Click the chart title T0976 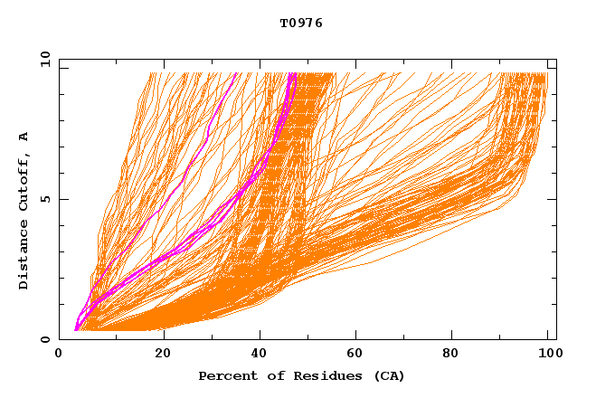point(301,24)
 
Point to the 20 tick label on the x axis point(163,353)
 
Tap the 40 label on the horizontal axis point(260,353)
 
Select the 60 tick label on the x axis point(355,353)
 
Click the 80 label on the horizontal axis point(451,353)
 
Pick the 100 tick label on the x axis point(547,353)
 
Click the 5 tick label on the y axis point(44,199)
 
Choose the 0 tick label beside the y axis point(44,339)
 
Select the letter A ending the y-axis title point(24,137)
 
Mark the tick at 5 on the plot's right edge point(553,199)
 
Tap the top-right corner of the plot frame point(556,59)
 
